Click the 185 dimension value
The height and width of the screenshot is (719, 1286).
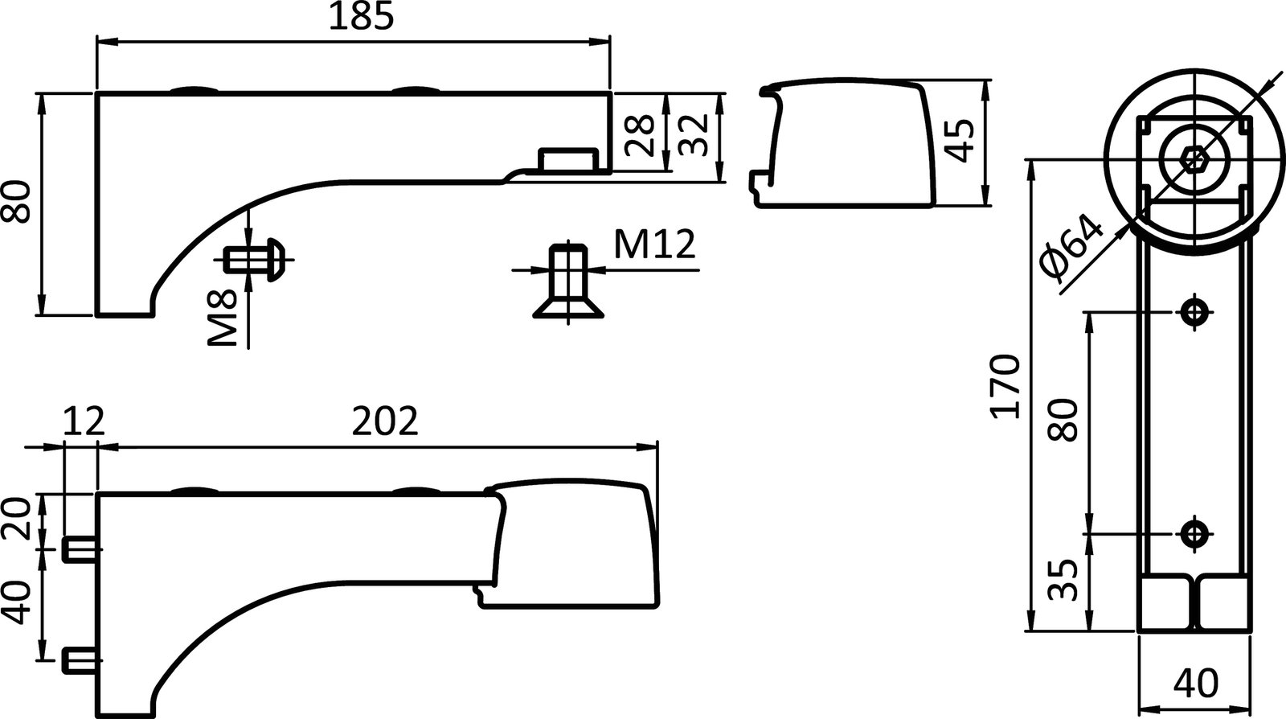[361, 18]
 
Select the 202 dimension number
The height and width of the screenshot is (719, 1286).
[386, 421]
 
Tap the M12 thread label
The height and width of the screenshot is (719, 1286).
[654, 244]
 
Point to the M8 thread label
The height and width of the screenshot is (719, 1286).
[223, 318]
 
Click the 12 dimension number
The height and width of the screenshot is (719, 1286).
[83, 421]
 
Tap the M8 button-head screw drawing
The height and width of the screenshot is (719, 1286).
[256, 260]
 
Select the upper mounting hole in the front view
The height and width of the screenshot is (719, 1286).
[1194, 311]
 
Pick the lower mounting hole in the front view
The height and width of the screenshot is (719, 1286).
[1194, 532]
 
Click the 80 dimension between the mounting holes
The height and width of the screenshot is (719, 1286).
[1064, 420]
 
